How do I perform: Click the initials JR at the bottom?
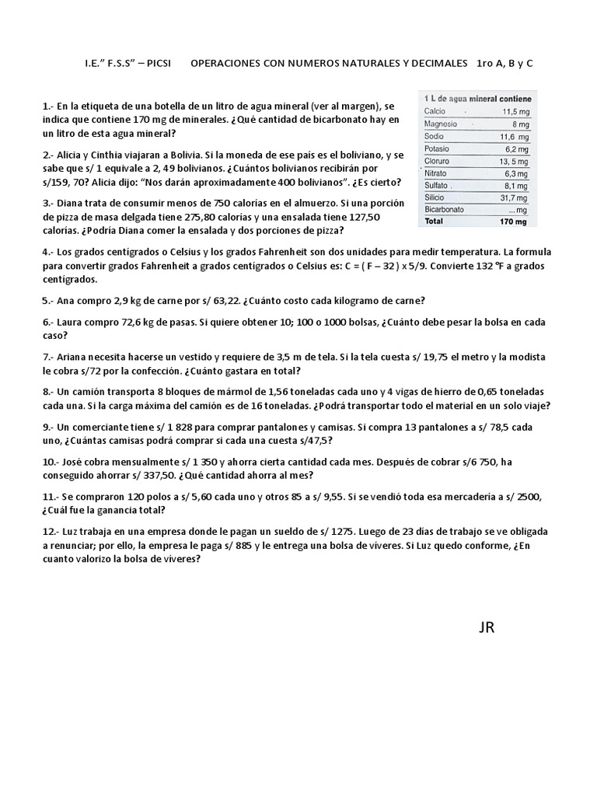pos(487,627)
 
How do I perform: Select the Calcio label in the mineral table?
pos(435,111)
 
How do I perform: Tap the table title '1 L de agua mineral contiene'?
pos(477,99)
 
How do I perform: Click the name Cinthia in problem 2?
pos(105,155)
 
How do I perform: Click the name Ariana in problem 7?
pos(74,357)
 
